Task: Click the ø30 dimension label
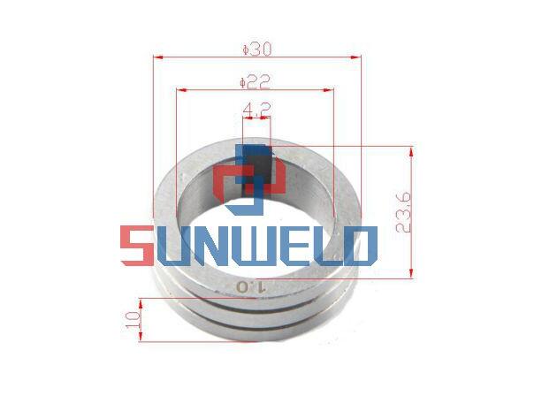(256, 49)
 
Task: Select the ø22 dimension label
(255, 82)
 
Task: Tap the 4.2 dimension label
(256, 110)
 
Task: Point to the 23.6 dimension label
(403, 212)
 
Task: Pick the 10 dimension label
(134, 320)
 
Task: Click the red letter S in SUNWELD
(137, 246)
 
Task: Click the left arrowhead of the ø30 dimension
(158, 57)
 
